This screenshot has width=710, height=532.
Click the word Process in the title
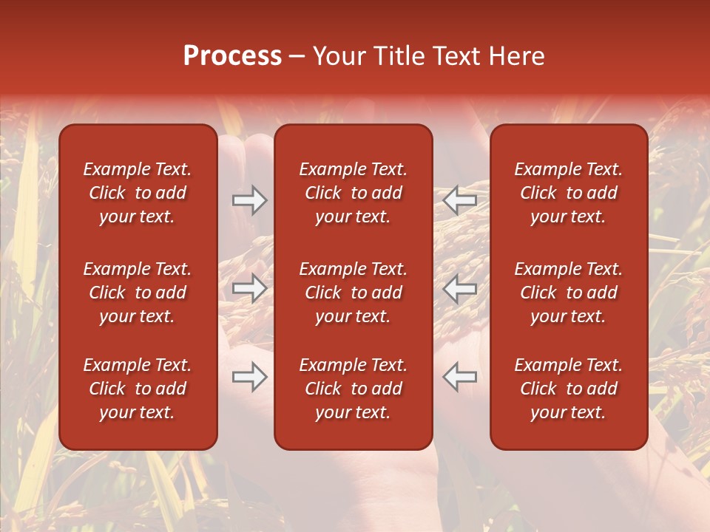[x=232, y=56]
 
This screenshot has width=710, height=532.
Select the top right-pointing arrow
[x=249, y=200]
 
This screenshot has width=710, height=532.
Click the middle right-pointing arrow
[x=249, y=288]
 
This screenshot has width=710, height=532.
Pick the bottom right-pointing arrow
[x=249, y=377]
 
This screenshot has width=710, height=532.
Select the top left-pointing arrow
[x=460, y=200]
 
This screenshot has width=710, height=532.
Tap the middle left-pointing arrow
[x=460, y=288]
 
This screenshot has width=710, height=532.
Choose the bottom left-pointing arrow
[x=460, y=377]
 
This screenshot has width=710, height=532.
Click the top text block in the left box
[x=138, y=193]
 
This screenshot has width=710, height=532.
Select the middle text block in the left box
[x=138, y=293]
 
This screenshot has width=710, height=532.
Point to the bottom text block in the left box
[x=138, y=389]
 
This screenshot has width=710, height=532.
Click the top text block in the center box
[x=353, y=193]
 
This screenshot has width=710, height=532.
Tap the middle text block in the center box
[x=353, y=293]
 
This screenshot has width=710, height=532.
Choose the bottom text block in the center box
[x=353, y=389]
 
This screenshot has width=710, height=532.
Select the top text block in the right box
[x=568, y=193]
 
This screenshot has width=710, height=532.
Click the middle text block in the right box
[x=568, y=293]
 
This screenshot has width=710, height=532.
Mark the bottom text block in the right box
[x=568, y=389]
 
